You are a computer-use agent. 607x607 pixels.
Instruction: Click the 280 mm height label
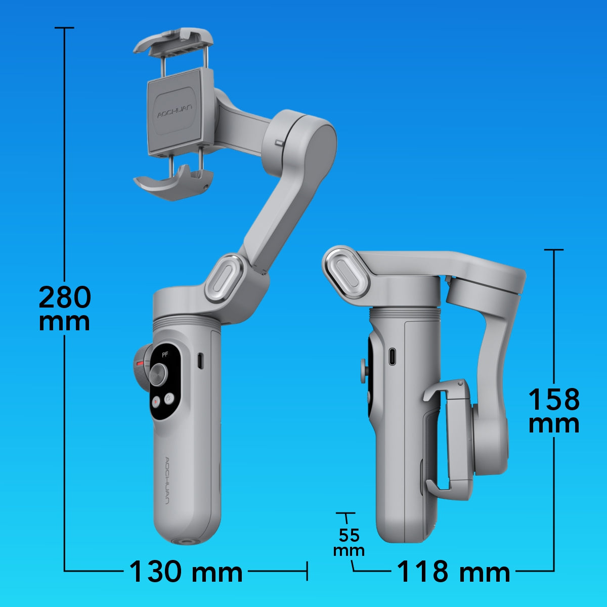pos(65,308)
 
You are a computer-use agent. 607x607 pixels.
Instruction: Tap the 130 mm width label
pos(186,572)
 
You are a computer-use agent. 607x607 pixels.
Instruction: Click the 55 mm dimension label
pos(349,542)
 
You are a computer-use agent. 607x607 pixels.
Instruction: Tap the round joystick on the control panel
pos(158,374)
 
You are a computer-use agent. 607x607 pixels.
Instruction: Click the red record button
pos(156,402)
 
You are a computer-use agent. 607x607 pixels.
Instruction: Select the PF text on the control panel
pos(165,355)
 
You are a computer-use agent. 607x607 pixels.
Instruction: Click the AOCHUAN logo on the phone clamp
pos(175,112)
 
